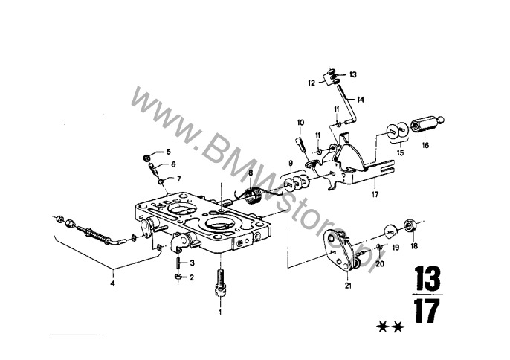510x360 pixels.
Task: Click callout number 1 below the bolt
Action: point(220,312)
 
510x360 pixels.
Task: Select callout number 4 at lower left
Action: point(113,283)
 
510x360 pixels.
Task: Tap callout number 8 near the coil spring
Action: point(251,173)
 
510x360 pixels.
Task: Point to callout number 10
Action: point(300,122)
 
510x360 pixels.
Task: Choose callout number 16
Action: point(425,146)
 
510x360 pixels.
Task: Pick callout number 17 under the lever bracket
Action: point(376,195)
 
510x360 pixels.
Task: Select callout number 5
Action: point(168,152)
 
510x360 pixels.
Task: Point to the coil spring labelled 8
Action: point(254,197)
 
